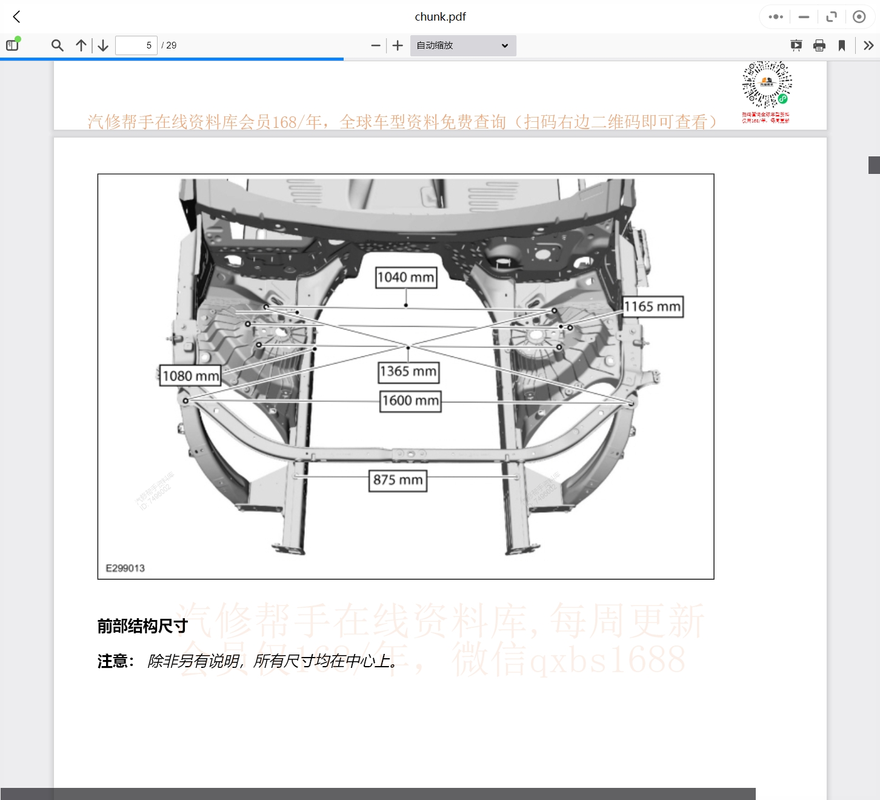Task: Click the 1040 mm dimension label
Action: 406,278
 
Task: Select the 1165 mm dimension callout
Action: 653,307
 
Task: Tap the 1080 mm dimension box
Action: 190,376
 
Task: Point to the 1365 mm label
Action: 408,372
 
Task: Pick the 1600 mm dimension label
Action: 410,401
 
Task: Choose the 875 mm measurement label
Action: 398,480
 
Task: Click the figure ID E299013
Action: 125,568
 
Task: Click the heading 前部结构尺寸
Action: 142,626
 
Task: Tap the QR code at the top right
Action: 767,85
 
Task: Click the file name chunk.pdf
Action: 440,17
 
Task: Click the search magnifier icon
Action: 58,45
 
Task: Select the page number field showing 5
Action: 136,45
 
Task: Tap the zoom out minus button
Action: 376,45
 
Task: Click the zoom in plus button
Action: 398,45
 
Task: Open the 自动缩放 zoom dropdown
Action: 463,45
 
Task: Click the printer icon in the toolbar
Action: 819,45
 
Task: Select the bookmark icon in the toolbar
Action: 842,45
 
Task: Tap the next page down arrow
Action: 103,45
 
